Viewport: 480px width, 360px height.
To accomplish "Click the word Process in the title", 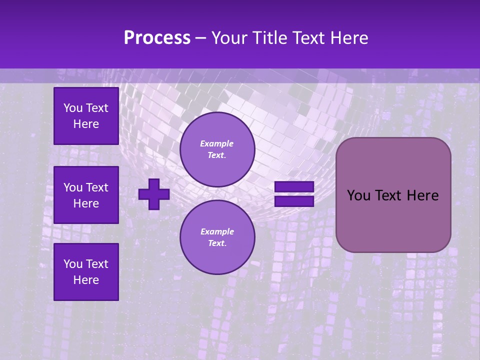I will pyautogui.click(x=157, y=38).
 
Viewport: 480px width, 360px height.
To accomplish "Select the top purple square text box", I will pyautogui.click(x=86, y=116).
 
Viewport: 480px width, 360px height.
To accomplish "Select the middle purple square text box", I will pyautogui.click(x=86, y=195).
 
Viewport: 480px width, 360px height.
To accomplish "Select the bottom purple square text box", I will pyautogui.click(x=86, y=271).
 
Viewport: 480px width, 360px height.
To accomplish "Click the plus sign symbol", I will pyautogui.click(x=154, y=194).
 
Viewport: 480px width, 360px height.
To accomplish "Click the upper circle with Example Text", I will pyautogui.click(x=217, y=149).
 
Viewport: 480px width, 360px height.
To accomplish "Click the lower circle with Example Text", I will pyautogui.click(x=217, y=237).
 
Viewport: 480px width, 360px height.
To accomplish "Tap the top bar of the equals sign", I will pyautogui.click(x=294, y=187).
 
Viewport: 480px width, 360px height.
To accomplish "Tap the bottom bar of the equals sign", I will pyautogui.click(x=294, y=201).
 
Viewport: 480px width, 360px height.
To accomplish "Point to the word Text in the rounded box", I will pyautogui.click(x=388, y=195).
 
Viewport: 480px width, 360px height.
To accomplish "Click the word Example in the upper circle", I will pyautogui.click(x=217, y=143).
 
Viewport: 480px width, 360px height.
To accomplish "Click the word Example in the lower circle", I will pyautogui.click(x=217, y=231).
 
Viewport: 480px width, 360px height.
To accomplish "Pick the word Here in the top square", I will pyautogui.click(x=86, y=124).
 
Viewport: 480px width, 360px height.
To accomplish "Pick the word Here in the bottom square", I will pyautogui.click(x=86, y=280).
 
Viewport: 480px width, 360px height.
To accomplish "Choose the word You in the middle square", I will pyautogui.click(x=73, y=187).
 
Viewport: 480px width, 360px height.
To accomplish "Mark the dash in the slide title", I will pyautogui.click(x=200, y=38).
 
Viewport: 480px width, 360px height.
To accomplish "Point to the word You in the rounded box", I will pyautogui.click(x=358, y=195).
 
